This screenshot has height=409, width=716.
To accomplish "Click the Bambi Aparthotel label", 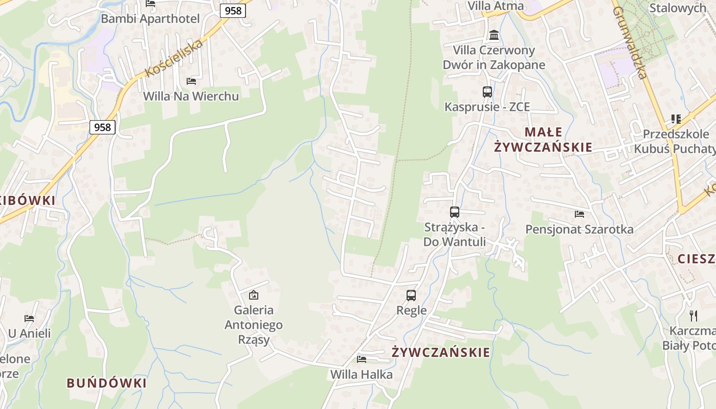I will click(150, 19).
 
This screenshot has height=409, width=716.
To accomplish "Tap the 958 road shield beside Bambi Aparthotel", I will click(233, 10).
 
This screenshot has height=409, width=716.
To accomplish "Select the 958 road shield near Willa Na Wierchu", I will click(102, 127).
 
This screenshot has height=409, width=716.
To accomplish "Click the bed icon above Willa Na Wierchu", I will click(191, 81).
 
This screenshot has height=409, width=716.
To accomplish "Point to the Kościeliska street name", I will click(174, 57).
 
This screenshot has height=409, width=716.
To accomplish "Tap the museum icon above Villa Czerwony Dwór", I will click(494, 35).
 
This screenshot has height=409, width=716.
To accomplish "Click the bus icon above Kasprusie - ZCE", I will click(487, 92).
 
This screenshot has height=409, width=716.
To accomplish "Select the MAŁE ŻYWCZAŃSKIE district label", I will click(543, 140).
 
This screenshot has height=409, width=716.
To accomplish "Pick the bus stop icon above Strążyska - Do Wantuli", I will click(455, 212).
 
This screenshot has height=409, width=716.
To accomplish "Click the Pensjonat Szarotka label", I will click(579, 230).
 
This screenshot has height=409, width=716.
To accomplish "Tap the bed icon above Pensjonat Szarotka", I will click(579, 214).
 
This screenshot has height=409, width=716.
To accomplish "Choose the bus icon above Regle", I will click(411, 295).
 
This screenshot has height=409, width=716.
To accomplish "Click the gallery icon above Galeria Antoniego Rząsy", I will click(253, 295).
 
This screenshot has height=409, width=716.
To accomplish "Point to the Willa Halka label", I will click(362, 374).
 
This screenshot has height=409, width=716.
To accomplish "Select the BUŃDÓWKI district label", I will click(107, 383).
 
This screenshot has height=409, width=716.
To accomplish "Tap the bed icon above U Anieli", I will click(29, 318).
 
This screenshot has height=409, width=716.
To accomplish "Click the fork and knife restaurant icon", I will click(693, 315).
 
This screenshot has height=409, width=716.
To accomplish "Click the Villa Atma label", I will click(496, 6).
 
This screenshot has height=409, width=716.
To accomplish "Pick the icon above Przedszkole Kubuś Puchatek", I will click(676, 119).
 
